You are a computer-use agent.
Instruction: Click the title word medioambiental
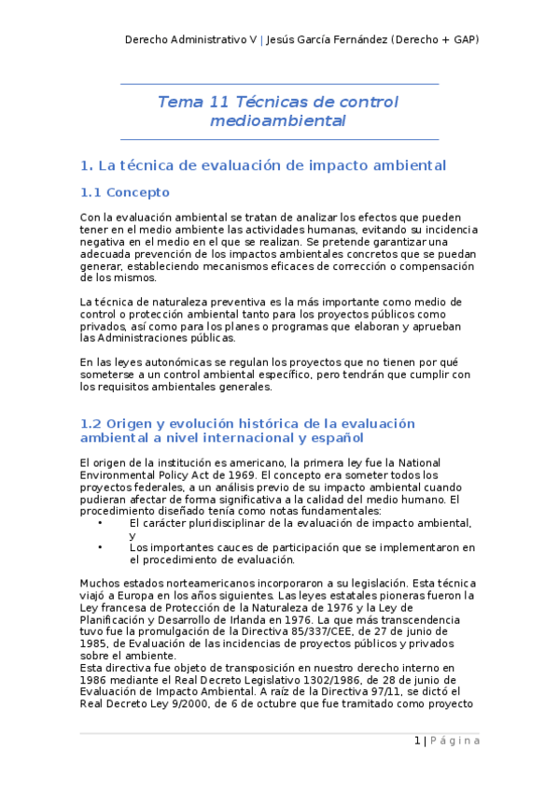click(x=278, y=121)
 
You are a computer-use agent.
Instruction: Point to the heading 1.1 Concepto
click(x=125, y=192)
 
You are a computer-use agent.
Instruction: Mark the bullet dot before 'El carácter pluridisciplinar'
click(x=100, y=523)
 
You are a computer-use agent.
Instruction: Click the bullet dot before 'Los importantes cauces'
click(x=100, y=547)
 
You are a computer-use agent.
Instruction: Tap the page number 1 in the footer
click(x=416, y=741)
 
